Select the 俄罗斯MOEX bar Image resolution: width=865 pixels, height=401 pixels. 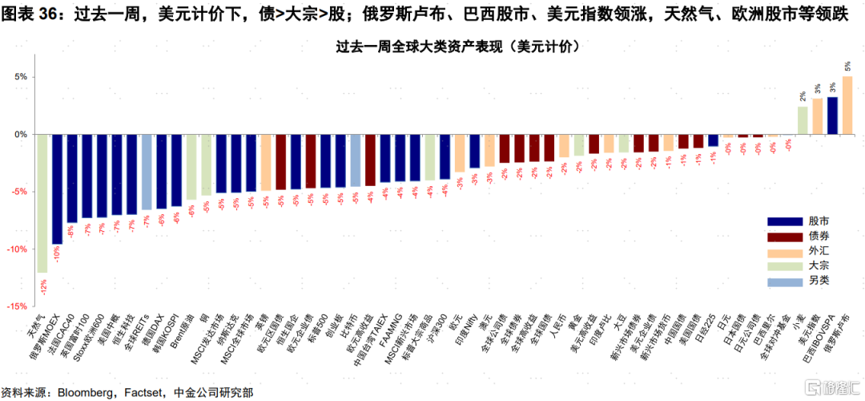coord(57,188)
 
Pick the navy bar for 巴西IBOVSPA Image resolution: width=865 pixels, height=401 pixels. coord(832,115)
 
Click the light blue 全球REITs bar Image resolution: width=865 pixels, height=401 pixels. coord(147,172)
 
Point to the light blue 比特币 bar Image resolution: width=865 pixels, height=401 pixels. coord(355,160)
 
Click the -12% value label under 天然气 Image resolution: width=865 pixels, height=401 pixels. coord(42,283)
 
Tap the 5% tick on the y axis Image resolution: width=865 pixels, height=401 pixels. coord(19,77)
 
